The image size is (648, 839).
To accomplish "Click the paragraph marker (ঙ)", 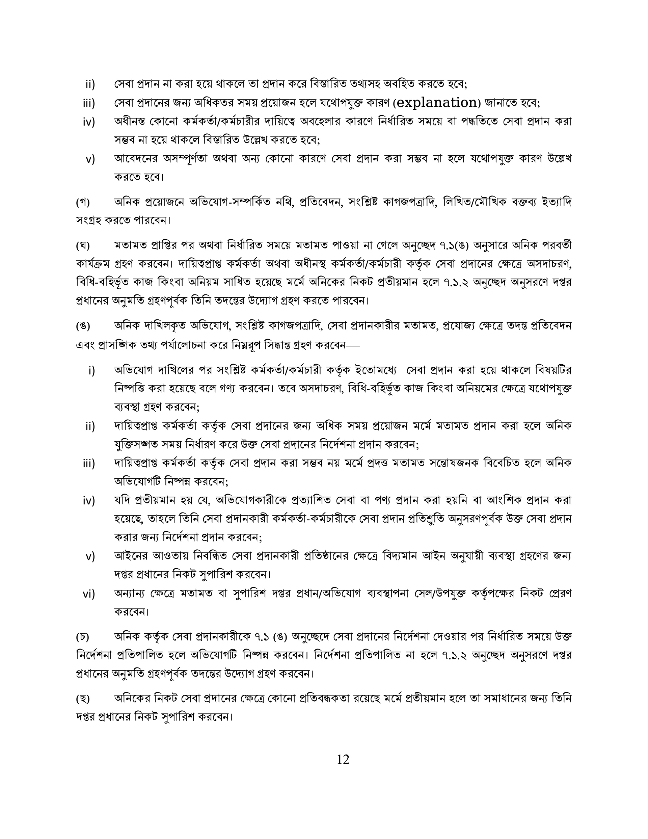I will click(x=83, y=326).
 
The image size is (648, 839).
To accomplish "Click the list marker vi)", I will click(x=89, y=594).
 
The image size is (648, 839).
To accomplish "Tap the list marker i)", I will click(x=91, y=371).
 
